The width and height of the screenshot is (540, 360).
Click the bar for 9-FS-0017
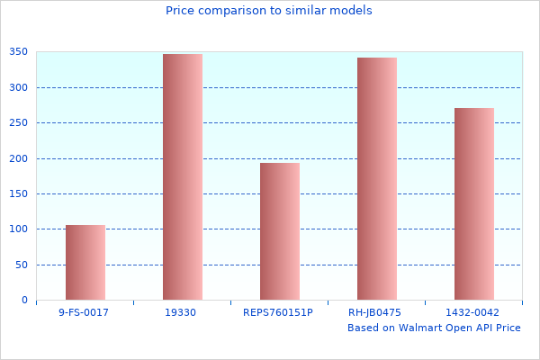click(85, 262)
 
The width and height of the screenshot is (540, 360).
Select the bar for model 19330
click(183, 176)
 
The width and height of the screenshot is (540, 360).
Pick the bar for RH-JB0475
click(377, 178)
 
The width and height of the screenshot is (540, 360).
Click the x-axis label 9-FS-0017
click(84, 312)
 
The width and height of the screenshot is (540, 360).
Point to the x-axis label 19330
click(181, 312)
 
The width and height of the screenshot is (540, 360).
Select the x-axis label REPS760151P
click(278, 312)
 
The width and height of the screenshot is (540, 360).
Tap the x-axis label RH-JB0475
click(375, 312)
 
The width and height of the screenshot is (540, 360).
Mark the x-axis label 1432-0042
click(472, 312)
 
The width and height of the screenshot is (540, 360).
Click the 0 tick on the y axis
click(24, 301)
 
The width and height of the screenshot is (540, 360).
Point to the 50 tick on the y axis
click(22, 265)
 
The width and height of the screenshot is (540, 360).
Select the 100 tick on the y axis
click(19, 229)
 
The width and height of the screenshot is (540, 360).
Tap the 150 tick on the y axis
click(19, 194)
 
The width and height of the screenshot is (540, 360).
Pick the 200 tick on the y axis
click(19, 158)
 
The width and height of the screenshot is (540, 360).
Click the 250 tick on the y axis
click(19, 123)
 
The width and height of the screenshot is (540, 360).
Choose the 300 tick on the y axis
click(19, 88)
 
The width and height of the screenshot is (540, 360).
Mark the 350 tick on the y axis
click(19, 52)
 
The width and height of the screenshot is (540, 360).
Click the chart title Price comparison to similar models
click(269, 11)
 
